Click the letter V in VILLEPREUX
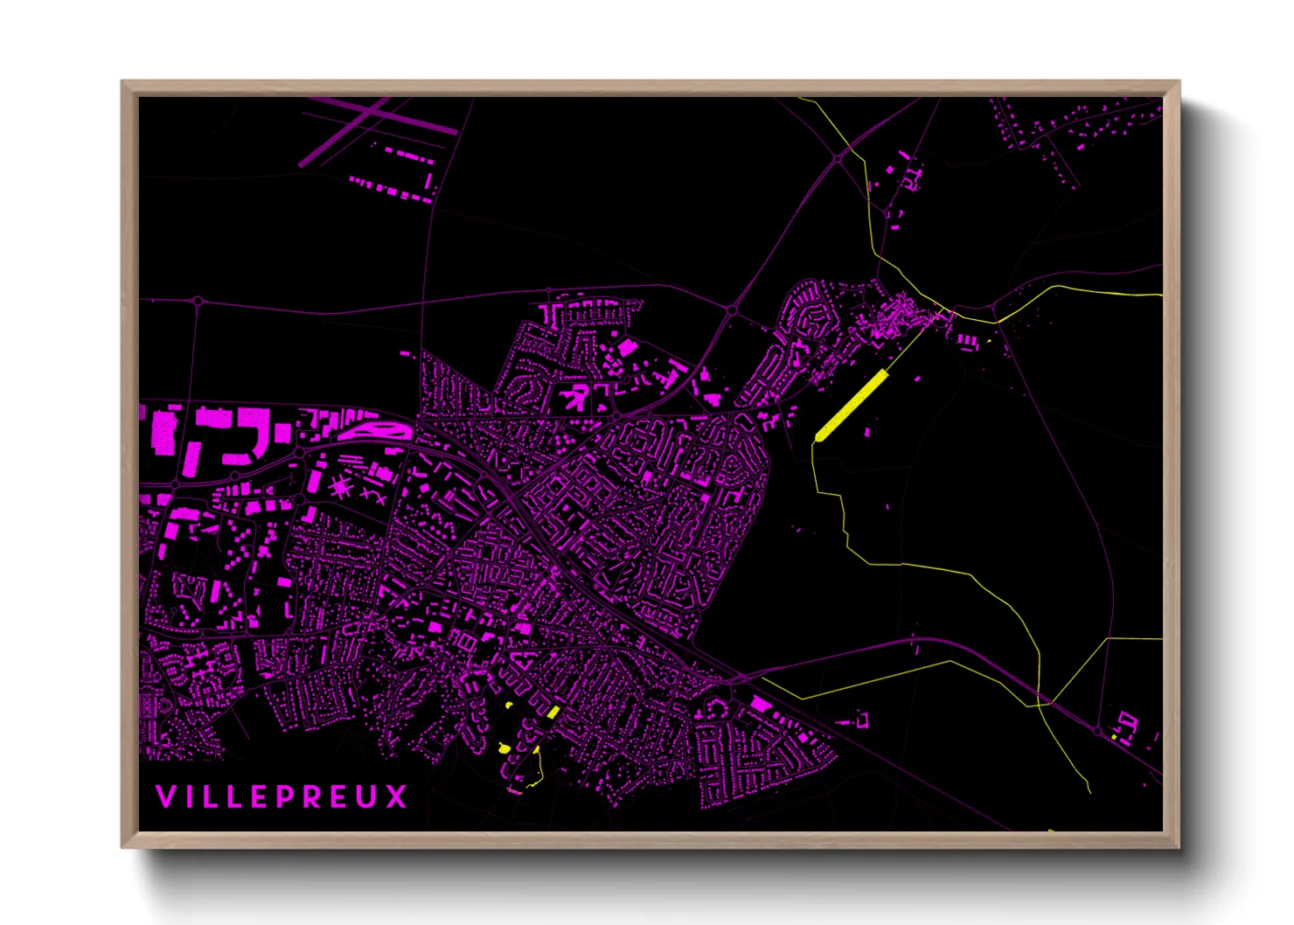click(164, 796)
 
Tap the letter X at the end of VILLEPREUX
click(398, 796)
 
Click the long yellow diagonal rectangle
click(851, 405)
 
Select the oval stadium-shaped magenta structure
click(374, 430)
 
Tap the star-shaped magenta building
click(340, 487)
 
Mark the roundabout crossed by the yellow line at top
click(838, 158)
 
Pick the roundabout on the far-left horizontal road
click(198, 301)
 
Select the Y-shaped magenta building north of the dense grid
click(575, 398)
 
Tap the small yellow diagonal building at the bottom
click(553, 713)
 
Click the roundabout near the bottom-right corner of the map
click(1097, 730)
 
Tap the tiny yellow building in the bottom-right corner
click(1114, 738)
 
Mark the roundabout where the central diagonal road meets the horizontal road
click(732, 310)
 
